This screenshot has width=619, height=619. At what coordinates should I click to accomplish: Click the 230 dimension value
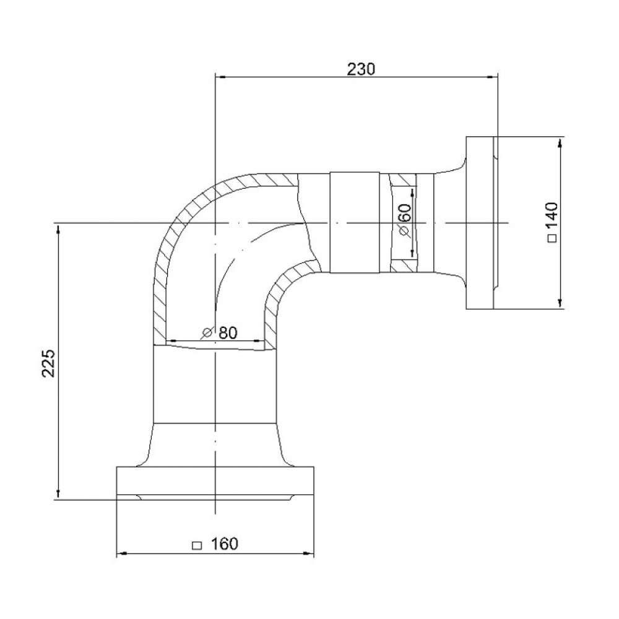pyautogui.click(x=360, y=69)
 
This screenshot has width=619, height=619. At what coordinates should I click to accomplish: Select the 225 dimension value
pyautogui.click(x=49, y=363)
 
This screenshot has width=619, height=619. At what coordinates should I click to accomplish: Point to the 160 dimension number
pyautogui.click(x=225, y=543)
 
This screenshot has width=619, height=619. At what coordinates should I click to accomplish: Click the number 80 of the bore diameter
pyautogui.click(x=228, y=333)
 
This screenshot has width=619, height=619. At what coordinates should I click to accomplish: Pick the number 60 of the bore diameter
pyautogui.click(x=405, y=212)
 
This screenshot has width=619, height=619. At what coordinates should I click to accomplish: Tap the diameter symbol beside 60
pyautogui.click(x=405, y=231)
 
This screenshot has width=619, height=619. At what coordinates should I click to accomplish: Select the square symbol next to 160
pyautogui.click(x=196, y=545)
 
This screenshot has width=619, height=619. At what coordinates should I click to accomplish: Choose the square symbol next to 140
pyautogui.click(x=553, y=238)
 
